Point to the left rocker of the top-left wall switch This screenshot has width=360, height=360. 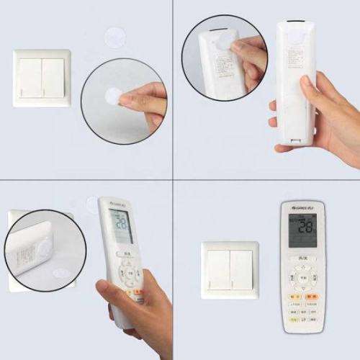[x=31, y=78]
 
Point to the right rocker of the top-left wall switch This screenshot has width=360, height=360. [x=53, y=78]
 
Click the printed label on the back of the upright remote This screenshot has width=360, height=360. [x=294, y=58]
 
